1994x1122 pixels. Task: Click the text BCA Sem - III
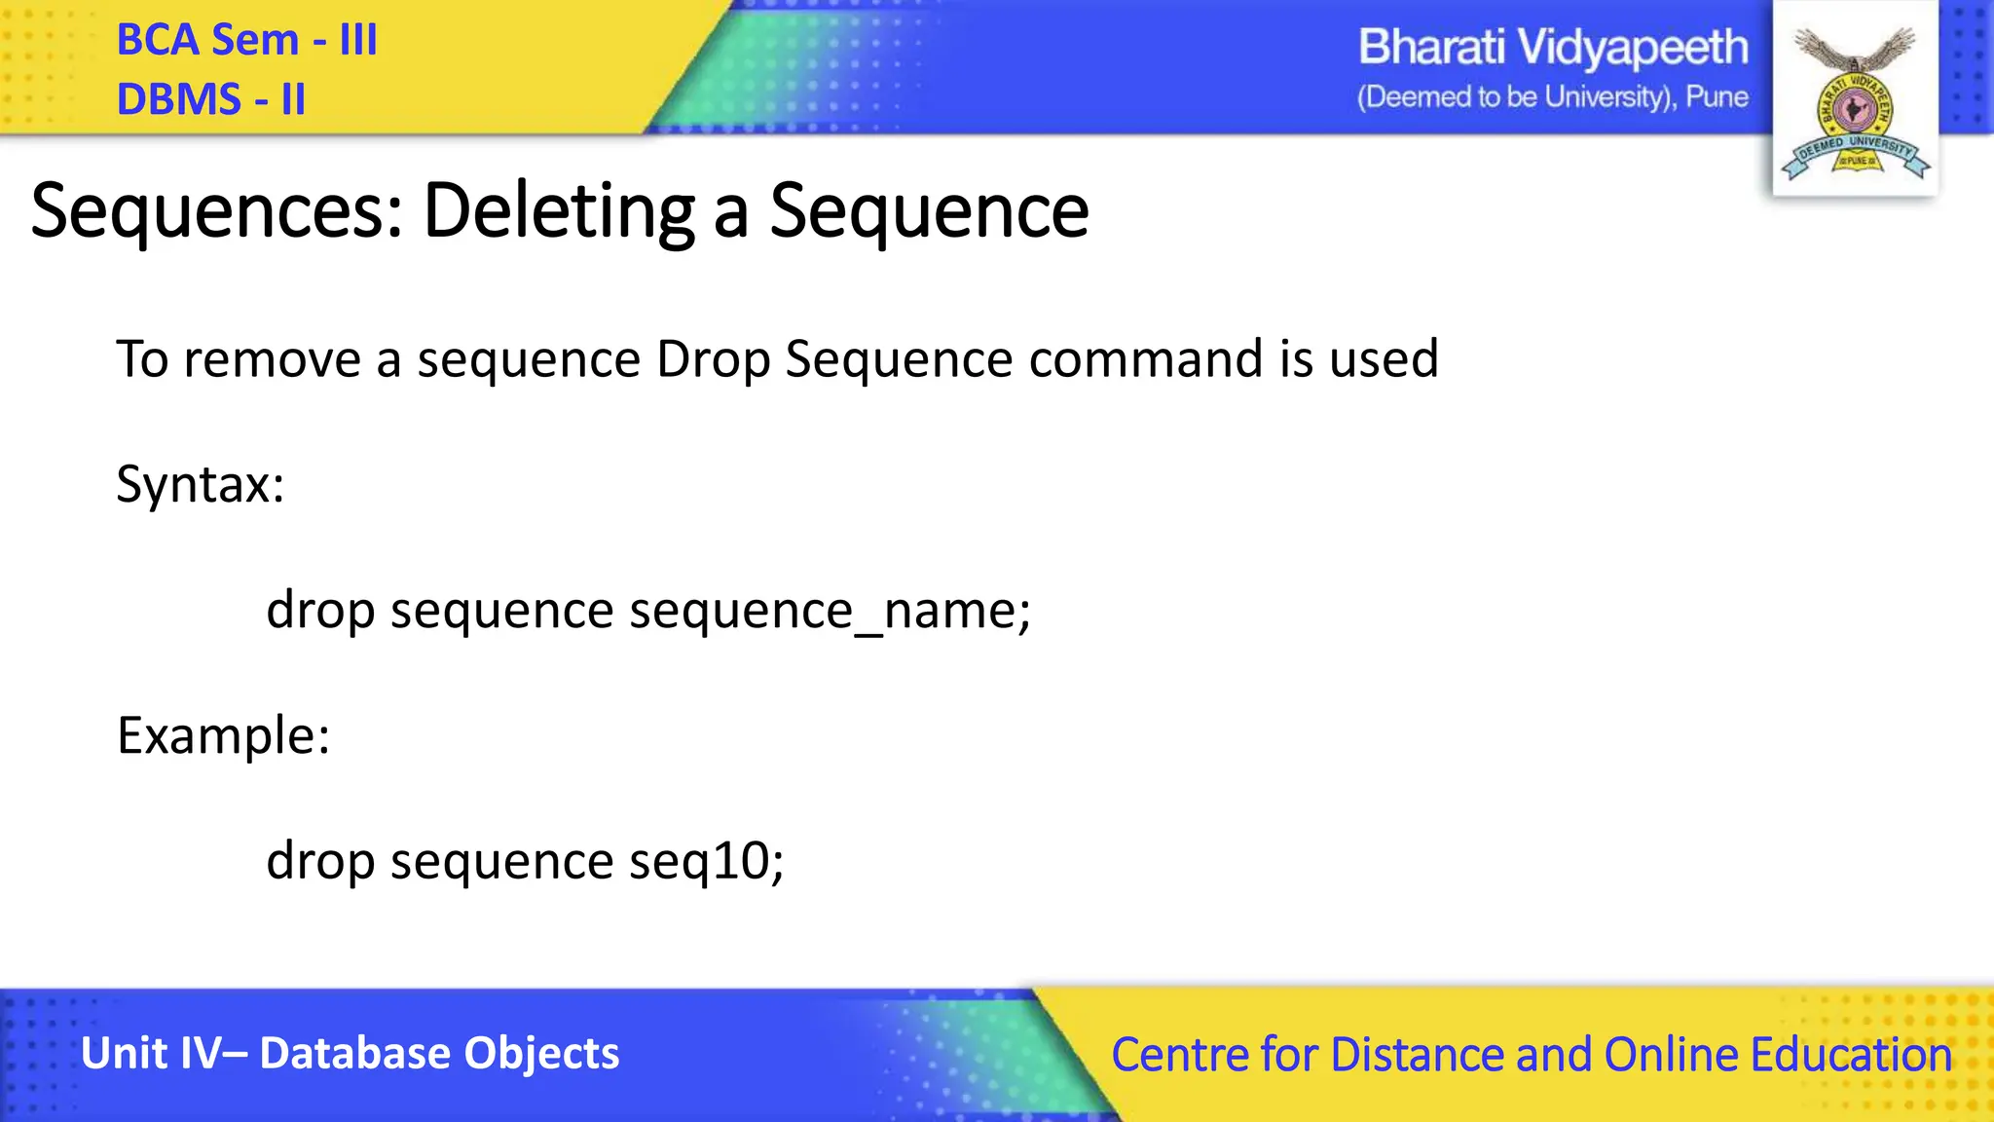246,41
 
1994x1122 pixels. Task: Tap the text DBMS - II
210,99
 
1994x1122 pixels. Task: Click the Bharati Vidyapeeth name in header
1552,48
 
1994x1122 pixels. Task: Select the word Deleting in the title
558,211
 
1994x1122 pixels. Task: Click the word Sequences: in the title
217,211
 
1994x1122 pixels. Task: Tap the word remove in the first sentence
272,359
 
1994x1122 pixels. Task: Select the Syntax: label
200,484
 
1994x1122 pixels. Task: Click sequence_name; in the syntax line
830,612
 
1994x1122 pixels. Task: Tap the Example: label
223,735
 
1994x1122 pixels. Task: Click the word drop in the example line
320,862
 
